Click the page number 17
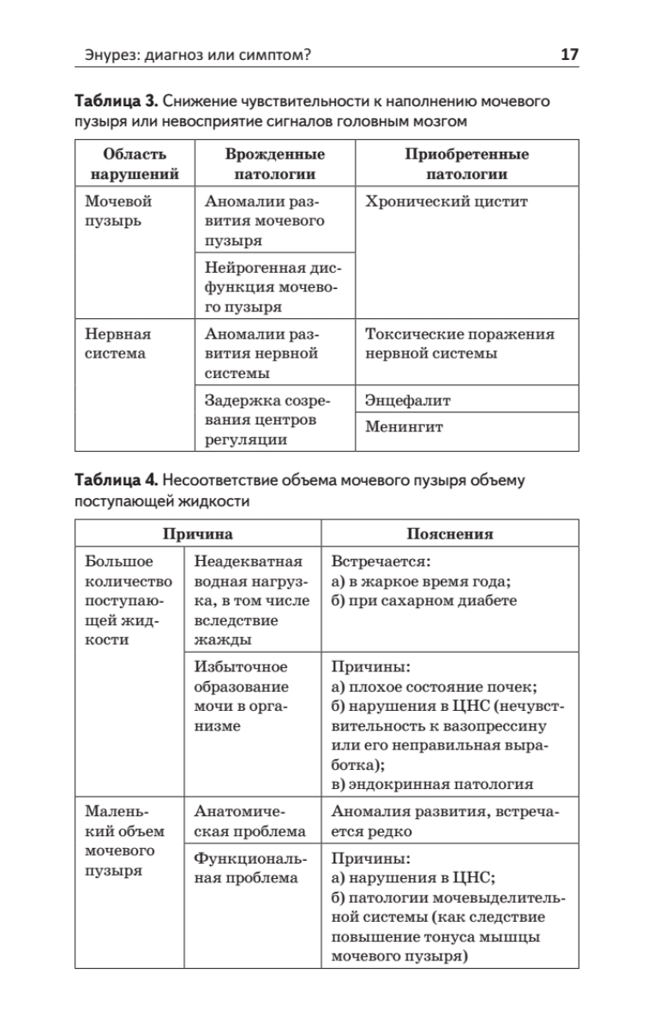click(569, 55)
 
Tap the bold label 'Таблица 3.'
click(114, 102)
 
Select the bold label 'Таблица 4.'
click(115, 480)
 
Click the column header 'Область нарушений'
click(135, 165)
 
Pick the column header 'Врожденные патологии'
click(274, 165)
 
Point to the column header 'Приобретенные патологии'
click(466, 165)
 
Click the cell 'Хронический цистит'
click(447, 202)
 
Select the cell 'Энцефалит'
click(408, 400)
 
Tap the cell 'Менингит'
click(405, 427)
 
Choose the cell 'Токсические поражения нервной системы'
click(459, 343)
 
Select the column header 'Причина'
click(198, 533)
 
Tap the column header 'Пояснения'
click(449, 533)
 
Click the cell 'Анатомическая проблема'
click(249, 821)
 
